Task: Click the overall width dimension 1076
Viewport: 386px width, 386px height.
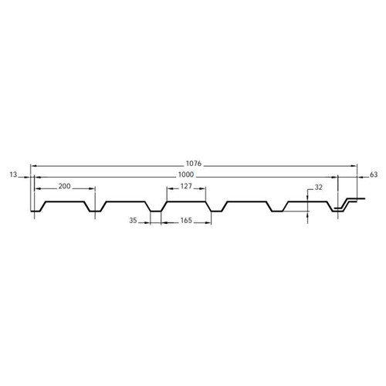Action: point(194,163)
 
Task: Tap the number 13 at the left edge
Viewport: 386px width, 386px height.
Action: point(13,175)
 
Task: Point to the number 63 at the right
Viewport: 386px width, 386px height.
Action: point(374,175)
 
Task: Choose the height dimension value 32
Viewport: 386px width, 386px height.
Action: point(319,186)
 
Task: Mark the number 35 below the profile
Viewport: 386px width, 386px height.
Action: point(133,221)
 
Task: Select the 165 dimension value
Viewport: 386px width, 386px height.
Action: point(185,221)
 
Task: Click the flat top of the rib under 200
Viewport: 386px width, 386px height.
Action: point(65,202)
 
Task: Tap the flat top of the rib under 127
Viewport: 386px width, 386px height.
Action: point(185,202)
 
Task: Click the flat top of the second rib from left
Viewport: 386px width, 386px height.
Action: point(125,202)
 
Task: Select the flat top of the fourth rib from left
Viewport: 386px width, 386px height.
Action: point(245,202)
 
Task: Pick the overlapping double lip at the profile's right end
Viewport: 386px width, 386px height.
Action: point(347,205)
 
